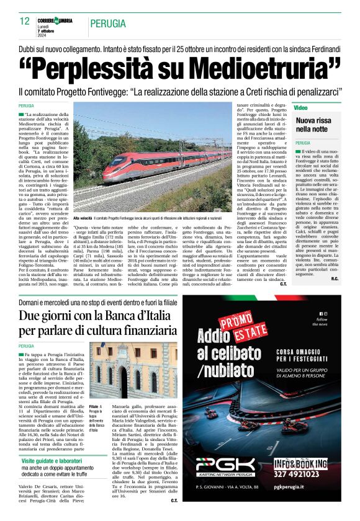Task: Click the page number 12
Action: pyautogui.click(x=25, y=21)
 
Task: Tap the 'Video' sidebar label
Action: pyautogui.click(x=301, y=108)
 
